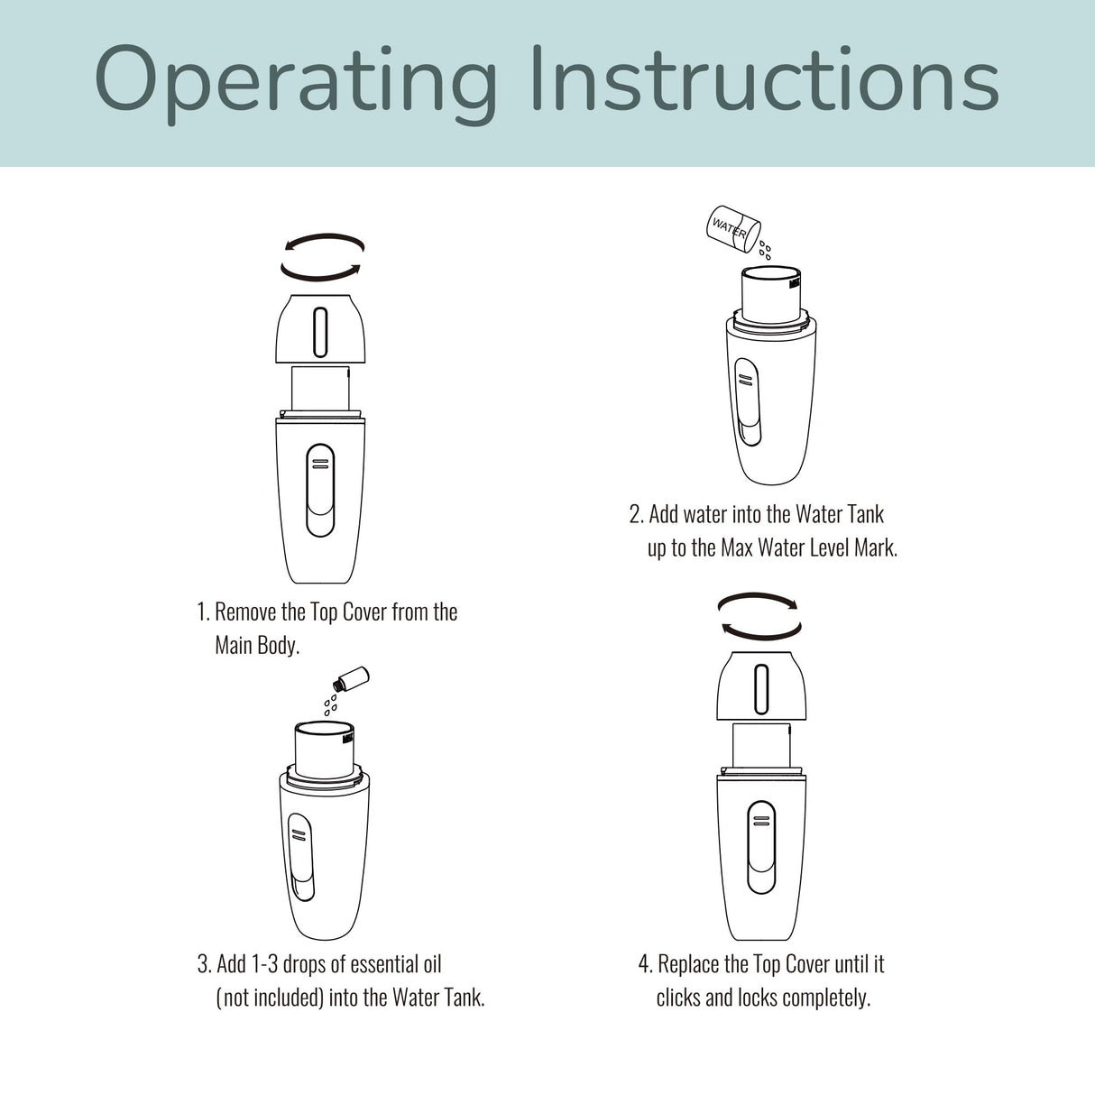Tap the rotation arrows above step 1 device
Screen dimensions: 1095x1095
(x=322, y=256)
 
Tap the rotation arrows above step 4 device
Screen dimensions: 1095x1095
(x=759, y=615)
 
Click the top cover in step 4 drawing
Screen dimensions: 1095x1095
(x=761, y=687)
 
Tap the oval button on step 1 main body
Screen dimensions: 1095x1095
(x=320, y=490)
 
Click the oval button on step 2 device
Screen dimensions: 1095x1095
(x=747, y=401)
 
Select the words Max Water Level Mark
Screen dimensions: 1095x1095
(x=808, y=547)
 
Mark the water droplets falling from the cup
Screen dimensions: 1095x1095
(x=765, y=249)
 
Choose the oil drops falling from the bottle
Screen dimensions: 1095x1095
(x=331, y=703)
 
